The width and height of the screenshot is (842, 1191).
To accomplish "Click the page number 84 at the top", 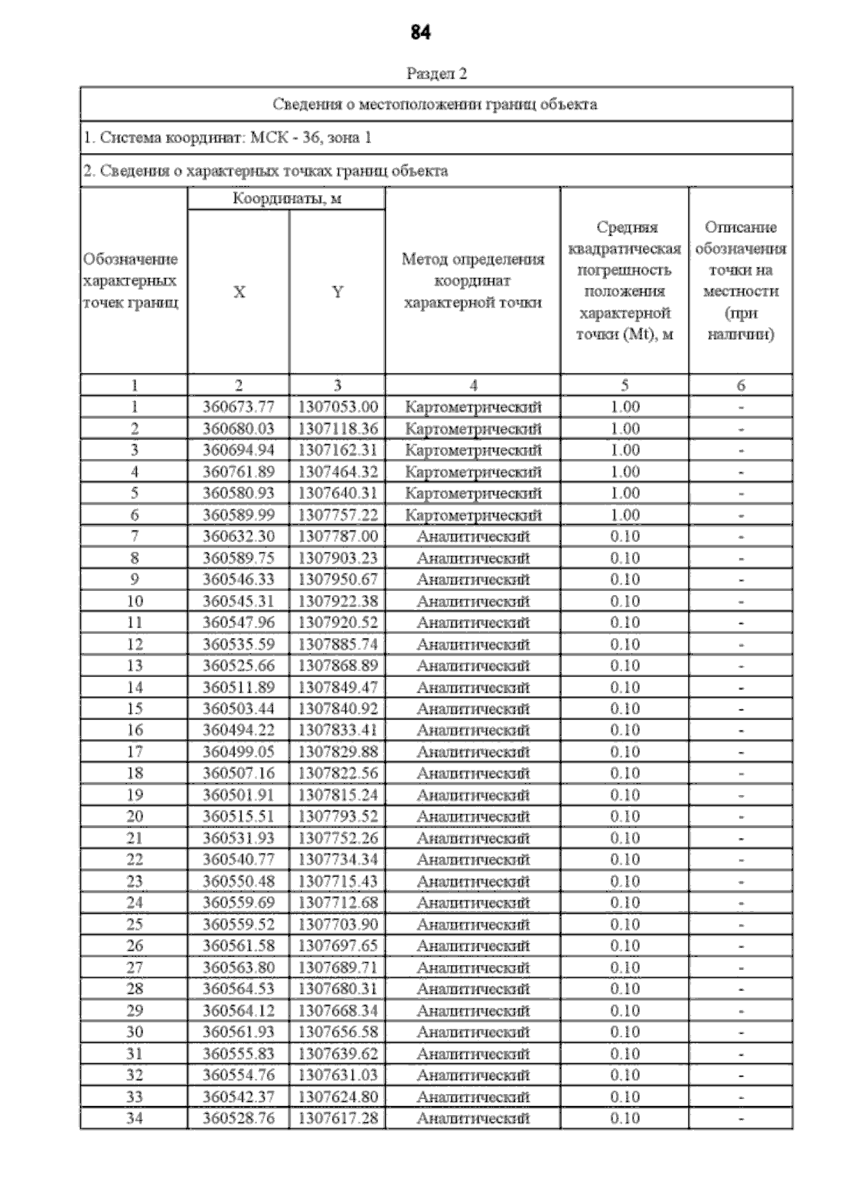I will coord(420,32).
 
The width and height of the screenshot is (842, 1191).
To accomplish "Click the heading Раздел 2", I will coord(436,73).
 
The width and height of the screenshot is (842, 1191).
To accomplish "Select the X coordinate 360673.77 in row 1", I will coord(239,407).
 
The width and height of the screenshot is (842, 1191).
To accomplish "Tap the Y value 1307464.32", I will coord(338,472).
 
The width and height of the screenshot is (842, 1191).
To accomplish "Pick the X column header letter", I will coord(239,292).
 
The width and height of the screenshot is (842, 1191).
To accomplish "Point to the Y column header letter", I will coord(338,292).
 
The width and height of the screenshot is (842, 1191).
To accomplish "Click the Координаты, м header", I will coord(287,199).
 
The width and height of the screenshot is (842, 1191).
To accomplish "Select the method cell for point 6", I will coord(474,515).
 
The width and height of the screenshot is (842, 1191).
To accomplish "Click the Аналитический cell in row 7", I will coord(474,537).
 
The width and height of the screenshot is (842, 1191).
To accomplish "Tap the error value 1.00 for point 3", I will coord(624,450).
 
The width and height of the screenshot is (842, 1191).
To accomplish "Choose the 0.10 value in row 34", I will coord(624,1118).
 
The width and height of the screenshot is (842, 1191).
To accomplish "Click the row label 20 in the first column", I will coord(134,816).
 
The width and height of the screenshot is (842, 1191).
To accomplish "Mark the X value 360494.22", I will coord(239,730).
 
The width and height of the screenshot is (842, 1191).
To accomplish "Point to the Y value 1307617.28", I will coord(338,1118).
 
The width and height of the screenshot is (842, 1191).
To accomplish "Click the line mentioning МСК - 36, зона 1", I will coord(227,138).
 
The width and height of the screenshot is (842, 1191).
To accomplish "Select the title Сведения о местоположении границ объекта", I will coord(435,105).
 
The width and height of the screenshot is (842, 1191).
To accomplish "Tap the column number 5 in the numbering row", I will coord(624,385).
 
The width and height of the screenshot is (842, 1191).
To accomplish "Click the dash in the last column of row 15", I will coord(741,709).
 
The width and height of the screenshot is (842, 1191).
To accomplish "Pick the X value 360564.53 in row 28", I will coord(239,989).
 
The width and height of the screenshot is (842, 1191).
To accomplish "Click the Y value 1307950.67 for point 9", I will coord(338,580).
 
